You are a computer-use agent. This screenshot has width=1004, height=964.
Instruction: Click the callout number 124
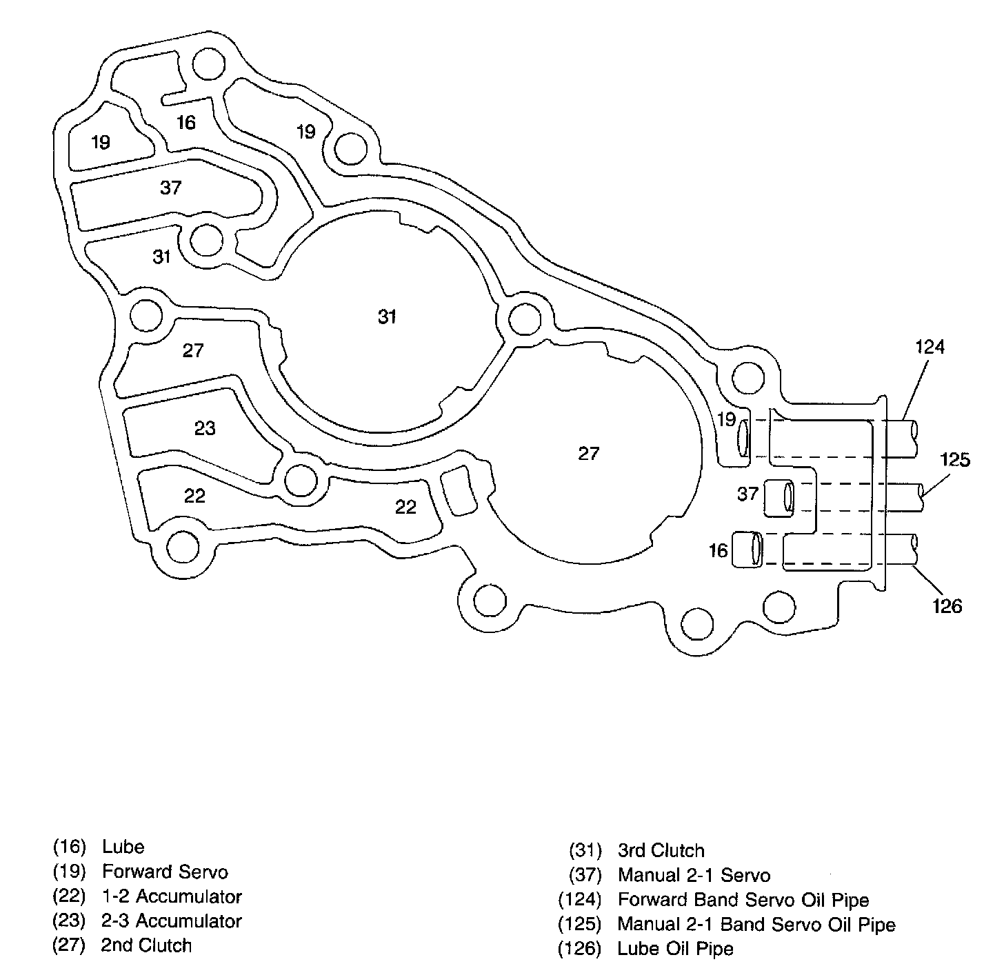(929, 347)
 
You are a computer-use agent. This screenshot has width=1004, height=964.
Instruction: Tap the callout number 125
(955, 459)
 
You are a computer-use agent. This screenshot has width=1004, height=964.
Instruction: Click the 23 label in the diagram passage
(205, 428)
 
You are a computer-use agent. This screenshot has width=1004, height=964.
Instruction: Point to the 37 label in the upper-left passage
(170, 188)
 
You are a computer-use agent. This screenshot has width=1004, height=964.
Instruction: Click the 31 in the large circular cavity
(388, 317)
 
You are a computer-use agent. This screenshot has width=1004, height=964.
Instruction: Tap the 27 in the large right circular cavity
(588, 453)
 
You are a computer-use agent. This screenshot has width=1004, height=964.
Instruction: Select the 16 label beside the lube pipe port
(718, 550)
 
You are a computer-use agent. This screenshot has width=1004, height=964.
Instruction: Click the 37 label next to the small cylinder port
(747, 494)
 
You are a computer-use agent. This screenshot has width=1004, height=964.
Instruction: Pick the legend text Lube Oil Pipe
(675, 949)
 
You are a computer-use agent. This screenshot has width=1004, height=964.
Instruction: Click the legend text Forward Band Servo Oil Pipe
(743, 900)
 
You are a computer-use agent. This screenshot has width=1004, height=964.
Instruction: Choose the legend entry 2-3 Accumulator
(172, 921)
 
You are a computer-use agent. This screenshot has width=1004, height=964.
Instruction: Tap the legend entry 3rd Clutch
(661, 851)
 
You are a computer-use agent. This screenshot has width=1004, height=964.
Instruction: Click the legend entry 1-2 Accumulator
(172, 896)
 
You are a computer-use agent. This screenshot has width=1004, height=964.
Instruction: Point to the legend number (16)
(68, 847)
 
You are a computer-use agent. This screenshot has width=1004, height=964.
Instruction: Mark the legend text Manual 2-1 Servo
(694, 876)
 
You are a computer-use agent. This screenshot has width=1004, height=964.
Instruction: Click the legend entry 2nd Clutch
(146, 945)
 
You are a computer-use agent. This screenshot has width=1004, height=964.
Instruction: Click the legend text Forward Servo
(165, 872)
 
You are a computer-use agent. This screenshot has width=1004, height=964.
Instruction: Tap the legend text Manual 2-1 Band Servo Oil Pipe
(756, 925)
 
